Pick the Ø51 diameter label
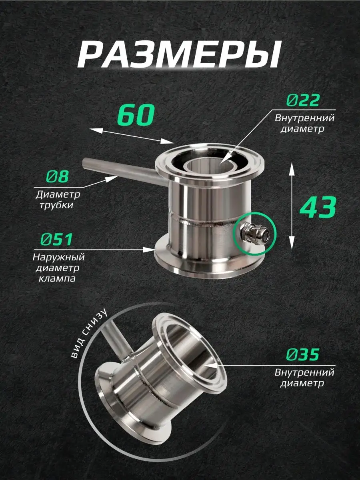[x=56, y=239]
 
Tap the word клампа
[x=57, y=279]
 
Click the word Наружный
[x=58, y=257]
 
